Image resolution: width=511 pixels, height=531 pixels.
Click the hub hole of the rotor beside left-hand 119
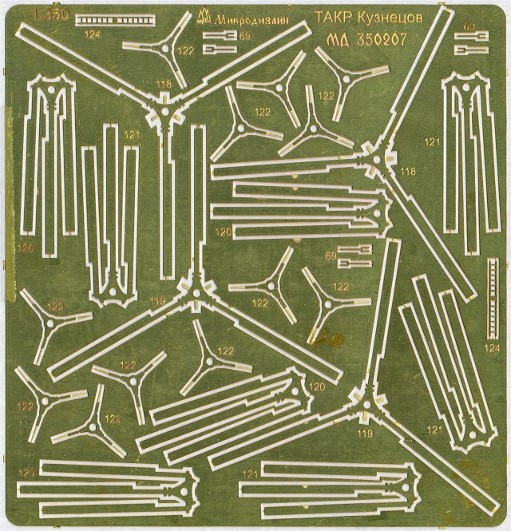192,291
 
